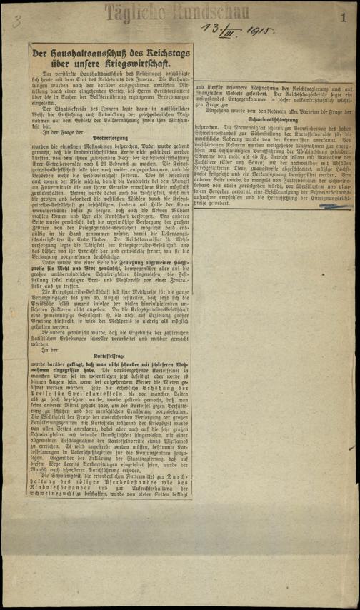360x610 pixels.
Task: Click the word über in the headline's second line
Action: point(65,66)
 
